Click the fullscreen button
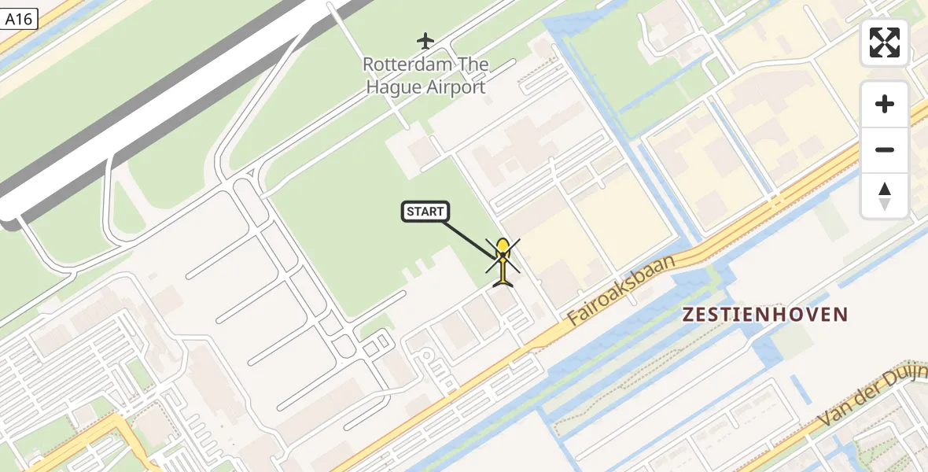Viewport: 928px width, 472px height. [885, 42]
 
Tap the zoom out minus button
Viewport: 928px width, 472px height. [885, 149]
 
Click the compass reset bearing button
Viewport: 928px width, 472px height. [885, 196]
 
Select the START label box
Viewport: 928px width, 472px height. [426, 211]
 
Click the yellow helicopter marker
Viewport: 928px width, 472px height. [503, 262]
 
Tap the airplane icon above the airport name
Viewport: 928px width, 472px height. [425, 40]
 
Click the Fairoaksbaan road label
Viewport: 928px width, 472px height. [621, 289]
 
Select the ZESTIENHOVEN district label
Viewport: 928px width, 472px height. [765, 315]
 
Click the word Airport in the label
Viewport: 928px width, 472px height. [455, 87]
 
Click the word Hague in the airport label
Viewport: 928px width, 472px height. [393, 87]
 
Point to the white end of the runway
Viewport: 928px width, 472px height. [9, 208]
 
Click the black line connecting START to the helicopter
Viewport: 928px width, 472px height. [469, 238]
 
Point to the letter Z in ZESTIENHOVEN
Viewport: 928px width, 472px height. [689, 315]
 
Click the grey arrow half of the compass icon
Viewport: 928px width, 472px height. [885, 204]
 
